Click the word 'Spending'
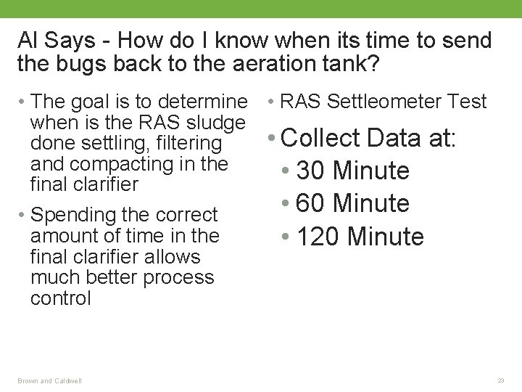(69, 215)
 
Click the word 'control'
(61, 298)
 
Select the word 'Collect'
(322, 136)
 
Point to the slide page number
(500, 380)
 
